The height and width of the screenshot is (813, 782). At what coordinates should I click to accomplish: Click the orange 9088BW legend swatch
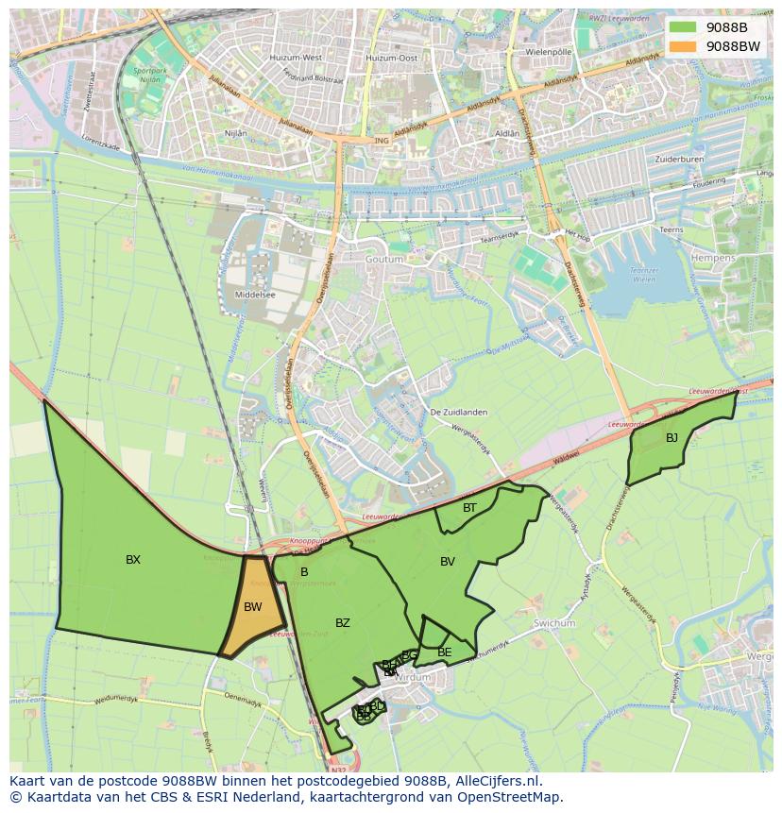point(683,46)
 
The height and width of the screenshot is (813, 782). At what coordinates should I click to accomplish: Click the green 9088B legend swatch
point(683,27)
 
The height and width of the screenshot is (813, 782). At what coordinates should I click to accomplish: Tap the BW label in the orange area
point(252,607)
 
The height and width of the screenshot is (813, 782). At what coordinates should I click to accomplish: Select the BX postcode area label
point(133,560)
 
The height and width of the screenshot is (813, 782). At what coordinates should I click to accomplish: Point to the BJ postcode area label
point(671,438)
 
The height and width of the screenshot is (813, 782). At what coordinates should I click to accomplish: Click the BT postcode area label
point(469,508)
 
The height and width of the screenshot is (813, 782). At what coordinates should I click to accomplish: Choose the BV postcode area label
point(448,562)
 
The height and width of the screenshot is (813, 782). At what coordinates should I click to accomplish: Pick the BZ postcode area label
point(343,623)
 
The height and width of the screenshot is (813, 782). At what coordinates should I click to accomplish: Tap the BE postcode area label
point(445,652)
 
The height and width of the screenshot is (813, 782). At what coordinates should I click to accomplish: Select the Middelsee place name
point(254,295)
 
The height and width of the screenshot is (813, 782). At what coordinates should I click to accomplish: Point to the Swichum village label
point(554,624)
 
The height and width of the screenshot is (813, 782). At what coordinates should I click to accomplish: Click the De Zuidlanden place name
point(455,413)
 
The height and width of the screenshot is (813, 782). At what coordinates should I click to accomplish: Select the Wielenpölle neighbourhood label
point(550,51)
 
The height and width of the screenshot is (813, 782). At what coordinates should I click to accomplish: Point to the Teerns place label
point(671,229)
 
